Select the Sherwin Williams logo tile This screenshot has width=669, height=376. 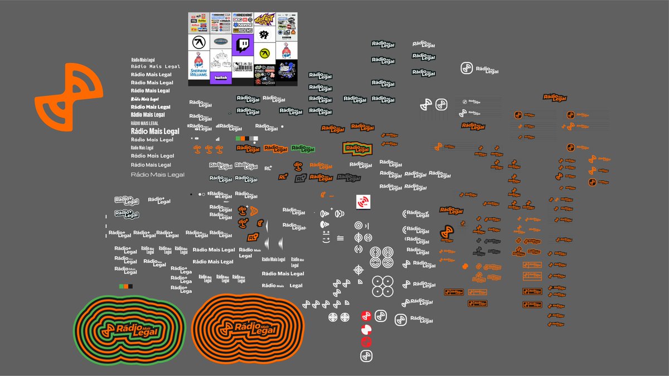pos(198,66)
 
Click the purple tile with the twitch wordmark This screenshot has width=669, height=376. pos(221,78)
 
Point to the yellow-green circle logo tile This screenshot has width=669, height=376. pos(265,53)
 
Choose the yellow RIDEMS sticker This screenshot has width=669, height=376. pos(243,31)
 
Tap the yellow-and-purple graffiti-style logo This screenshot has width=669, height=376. pos(265,20)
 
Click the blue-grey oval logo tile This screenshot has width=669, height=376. pos(221,41)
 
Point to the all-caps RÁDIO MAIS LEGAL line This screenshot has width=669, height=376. pos(144,123)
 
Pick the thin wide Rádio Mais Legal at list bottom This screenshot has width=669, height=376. pos(157,175)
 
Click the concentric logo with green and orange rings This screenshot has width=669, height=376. pos(129,329)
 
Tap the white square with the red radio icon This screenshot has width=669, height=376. pos(363,202)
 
